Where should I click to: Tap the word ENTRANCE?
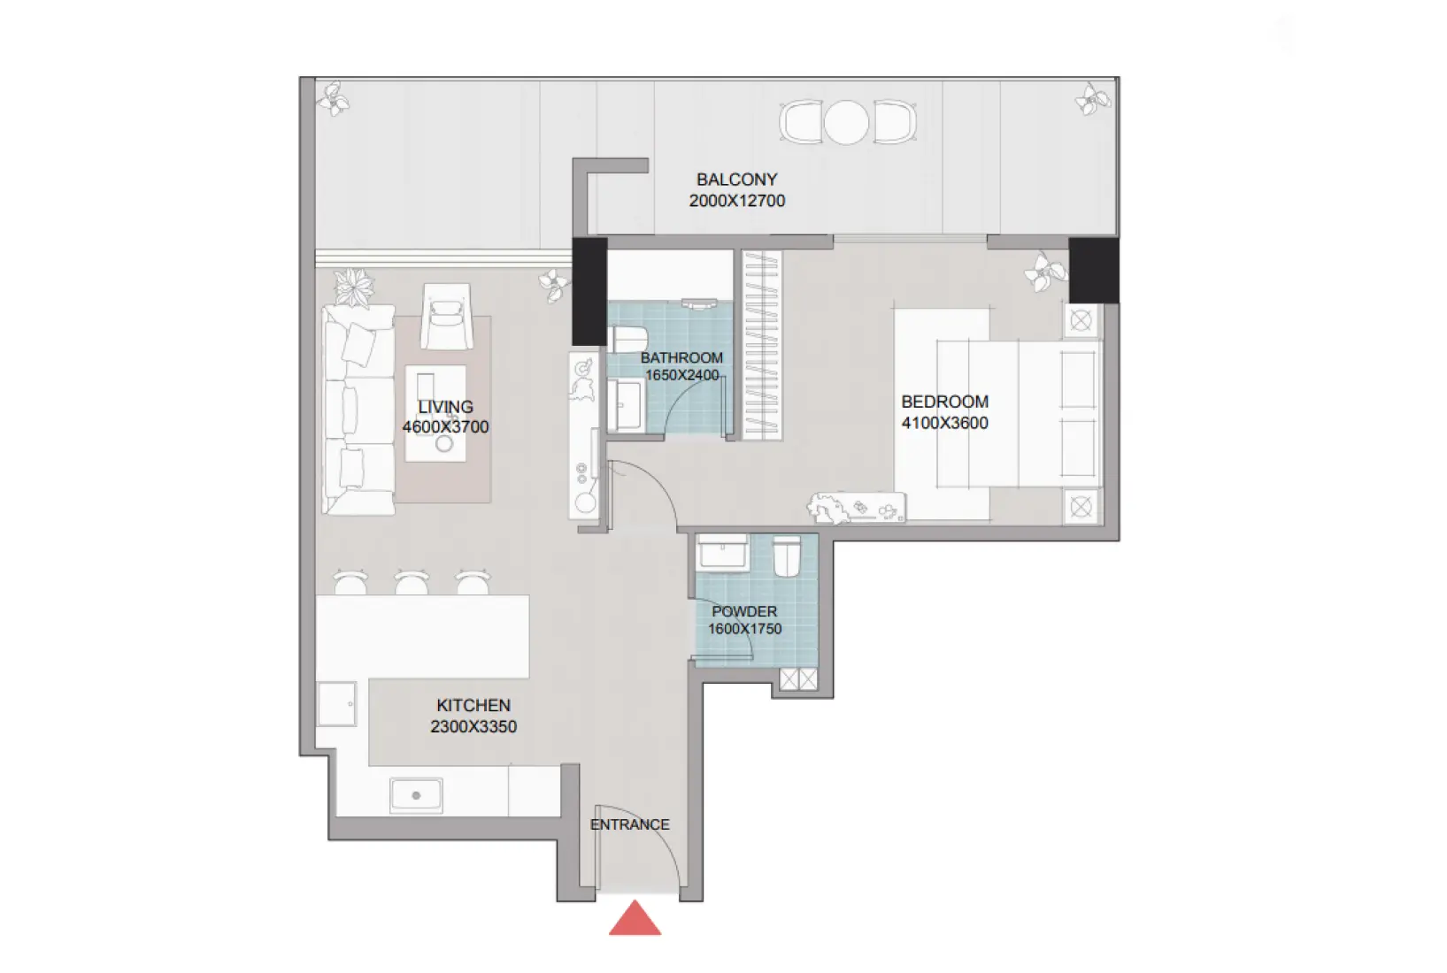tap(629, 824)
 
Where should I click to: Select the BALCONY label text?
tap(736, 180)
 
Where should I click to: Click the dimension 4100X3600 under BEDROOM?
tap(944, 423)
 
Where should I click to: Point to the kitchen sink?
tap(416, 795)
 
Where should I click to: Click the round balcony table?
tap(847, 122)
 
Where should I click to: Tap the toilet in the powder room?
tap(787, 556)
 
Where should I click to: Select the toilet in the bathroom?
tap(627, 339)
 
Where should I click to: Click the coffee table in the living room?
tap(435, 413)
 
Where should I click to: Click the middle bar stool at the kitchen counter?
tap(412, 583)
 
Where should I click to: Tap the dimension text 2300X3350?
tap(473, 727)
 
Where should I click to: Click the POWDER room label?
tap(744, 611)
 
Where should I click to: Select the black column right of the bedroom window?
tap(1093, 270)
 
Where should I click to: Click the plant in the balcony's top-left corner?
tap(334, 98)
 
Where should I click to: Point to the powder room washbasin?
tap(723, 552)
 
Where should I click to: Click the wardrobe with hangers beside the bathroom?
tap(762, 345)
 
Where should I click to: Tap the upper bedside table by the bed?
tap(1081, 320)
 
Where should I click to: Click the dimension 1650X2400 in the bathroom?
tap(681, 375)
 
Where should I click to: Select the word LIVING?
tap(445, 407)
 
